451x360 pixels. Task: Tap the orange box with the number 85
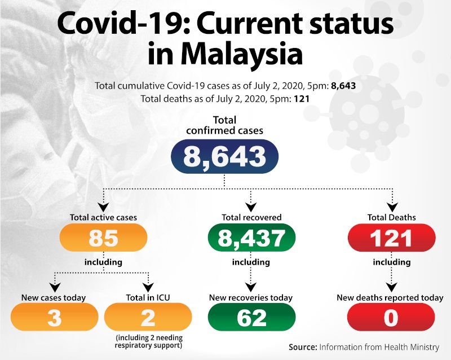[103, 238]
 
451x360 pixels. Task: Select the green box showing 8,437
[251, 238]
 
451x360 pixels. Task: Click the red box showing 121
[391, 238]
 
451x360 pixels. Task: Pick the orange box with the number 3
[54, 318]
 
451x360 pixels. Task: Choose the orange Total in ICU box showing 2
[148, 318]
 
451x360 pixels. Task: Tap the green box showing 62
[251, 318]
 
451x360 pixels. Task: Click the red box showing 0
[391, 318]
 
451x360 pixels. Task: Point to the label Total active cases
[103, 217]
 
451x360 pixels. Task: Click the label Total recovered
[251, 217]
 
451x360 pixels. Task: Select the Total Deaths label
[391, 217]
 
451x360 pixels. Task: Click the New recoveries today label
[251, 297]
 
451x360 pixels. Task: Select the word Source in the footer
[303, 346]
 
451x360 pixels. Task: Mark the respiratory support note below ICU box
[148, 341]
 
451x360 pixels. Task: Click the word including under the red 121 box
[391, 262]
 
